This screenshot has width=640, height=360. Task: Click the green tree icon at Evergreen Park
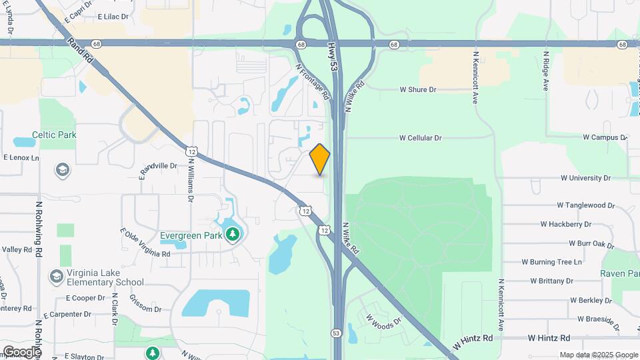(x=233, y=234)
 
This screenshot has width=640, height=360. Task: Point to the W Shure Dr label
(x=417, y=89)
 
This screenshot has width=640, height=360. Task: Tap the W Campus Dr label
(x=605, y=137)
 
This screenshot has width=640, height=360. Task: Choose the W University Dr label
(x=585, y=178)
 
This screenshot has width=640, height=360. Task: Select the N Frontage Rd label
(x=313, y=81)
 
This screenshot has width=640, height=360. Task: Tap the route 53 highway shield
(x=337, y=332)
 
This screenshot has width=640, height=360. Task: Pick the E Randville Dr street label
(x=157, y=171)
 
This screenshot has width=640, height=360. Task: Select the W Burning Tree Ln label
(x=551, y=262)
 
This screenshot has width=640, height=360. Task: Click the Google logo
(x=21, y=351)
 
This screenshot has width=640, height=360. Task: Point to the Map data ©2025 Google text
(x=598, y=355)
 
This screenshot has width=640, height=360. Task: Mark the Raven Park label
(x=619, y=273)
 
